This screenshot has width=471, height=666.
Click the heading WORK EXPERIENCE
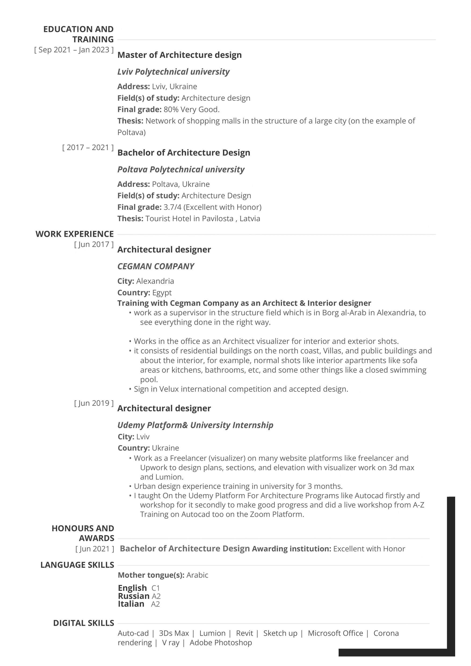pos(75,234)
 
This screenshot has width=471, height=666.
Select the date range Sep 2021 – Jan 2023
pos(74,50)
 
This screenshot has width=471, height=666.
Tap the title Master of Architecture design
pos(179,55)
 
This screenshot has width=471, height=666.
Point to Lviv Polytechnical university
pos(173,72)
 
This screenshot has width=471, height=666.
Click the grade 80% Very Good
pos(191,109)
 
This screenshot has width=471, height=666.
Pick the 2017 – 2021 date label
pos(88,147)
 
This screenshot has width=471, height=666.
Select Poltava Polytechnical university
pos(181,169)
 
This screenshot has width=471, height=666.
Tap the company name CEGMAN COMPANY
pos(155,266)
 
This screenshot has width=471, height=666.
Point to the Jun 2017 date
pos(94,244)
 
